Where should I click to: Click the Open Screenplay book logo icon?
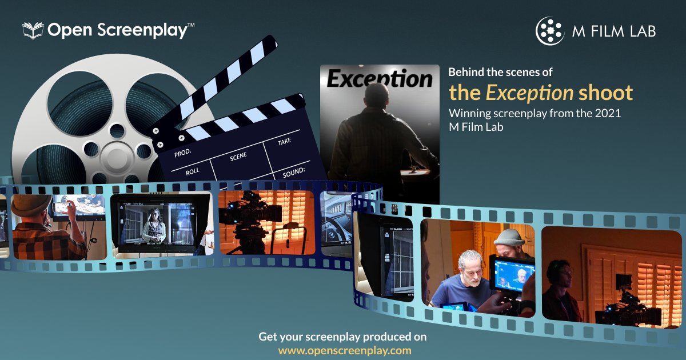(33, 30)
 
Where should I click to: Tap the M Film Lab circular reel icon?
(549, 30)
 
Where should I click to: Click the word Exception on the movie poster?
(380, 78)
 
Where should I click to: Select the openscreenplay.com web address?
(345, 350)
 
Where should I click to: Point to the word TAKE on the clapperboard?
(285, 142)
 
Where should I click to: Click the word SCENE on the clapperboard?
(238, 156)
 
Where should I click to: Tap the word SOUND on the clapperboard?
(293, 171)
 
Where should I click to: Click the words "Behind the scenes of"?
(500, 73)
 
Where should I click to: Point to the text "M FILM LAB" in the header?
(613, 31)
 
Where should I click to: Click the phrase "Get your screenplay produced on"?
(342, 337)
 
